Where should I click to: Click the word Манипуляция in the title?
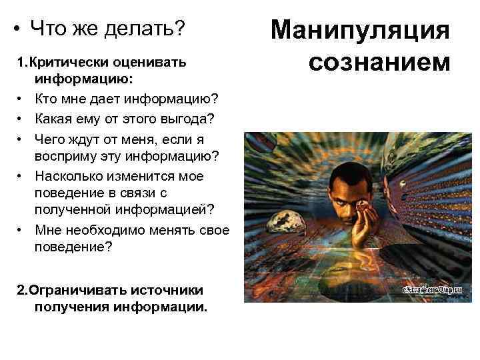361,32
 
